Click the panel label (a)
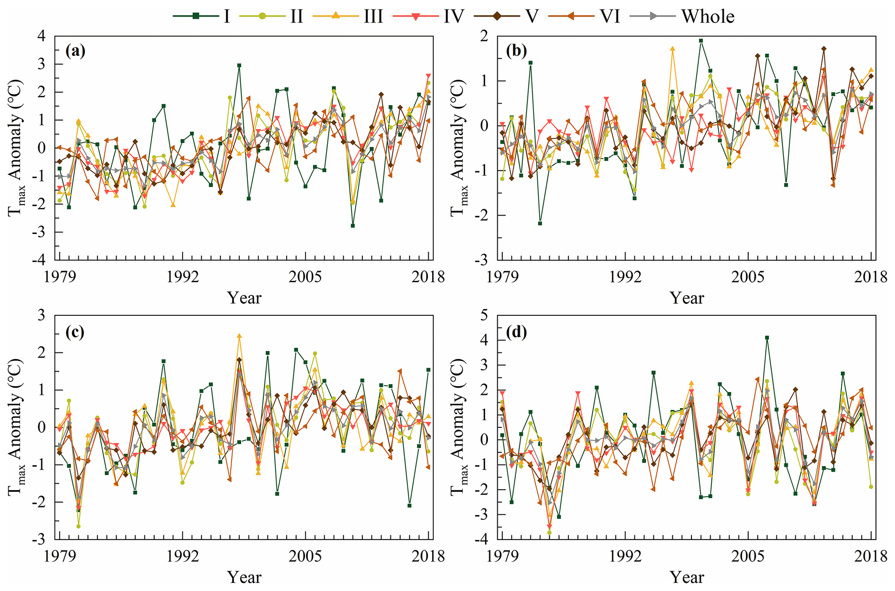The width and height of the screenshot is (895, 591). pos(75,51)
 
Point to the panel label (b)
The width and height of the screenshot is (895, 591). pos(516,51)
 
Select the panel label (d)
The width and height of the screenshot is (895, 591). pos(516,332)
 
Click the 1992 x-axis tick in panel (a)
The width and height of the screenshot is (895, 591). pos(182,276)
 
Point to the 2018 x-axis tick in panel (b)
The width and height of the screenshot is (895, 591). pos(871,276)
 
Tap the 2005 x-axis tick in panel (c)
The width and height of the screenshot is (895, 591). pos(306,555)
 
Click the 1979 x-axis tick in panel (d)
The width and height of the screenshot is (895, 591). pos(502,555)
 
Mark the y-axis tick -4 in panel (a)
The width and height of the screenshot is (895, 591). pos(41,260)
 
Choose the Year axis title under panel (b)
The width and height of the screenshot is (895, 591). pos(687,298)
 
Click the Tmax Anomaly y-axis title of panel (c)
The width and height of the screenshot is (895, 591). pos(16,427)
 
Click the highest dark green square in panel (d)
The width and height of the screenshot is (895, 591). pos(767,338)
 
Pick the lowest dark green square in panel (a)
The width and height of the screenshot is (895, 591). pos(353,226)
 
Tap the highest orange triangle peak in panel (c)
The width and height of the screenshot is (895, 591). pos(239,336)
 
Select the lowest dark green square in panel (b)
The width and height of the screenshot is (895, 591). pos(540,224)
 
